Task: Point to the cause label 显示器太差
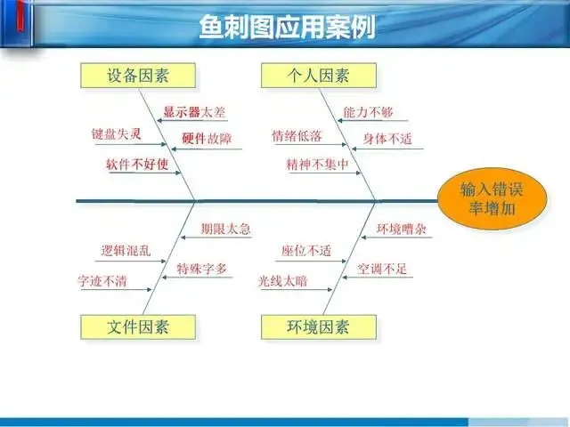(194, 113)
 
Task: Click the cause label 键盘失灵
(117, 134)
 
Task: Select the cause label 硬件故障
(206, 139)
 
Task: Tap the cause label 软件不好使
(137, 165)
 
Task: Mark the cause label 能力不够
(368, 113)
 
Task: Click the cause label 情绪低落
(297, 136)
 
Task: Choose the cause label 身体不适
(387, 139)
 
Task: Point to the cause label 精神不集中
(317, 165)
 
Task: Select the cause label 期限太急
(225, 229)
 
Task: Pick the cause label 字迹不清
(103, 282)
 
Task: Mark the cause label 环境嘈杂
(401, 229)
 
